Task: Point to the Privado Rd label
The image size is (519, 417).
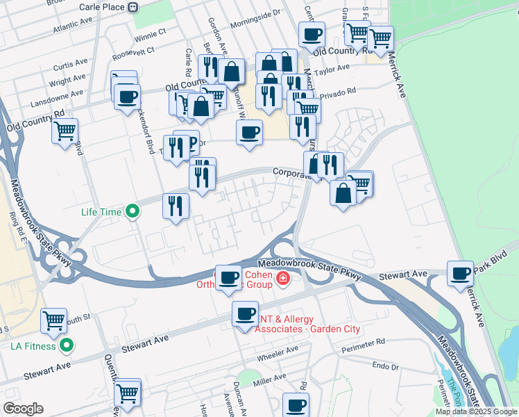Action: coord(339,90)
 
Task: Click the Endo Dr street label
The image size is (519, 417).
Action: coord(385,366)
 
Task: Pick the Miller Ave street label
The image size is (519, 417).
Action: coord(270,379)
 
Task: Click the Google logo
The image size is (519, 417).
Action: coord(23,409)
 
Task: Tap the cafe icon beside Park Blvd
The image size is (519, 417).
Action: coord(460,273)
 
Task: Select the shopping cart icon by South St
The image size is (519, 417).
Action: coord(54,320)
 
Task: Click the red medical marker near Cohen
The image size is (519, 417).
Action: coord(282,279)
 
